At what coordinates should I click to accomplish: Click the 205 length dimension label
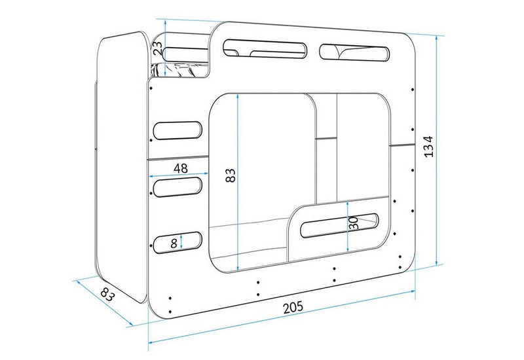coord(293,307)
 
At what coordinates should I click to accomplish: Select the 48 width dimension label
coord(181,168)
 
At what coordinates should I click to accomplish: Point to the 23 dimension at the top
coord(158,48)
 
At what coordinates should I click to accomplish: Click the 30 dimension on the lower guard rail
coord(354,223)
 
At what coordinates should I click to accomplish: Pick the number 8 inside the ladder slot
coord(174,243)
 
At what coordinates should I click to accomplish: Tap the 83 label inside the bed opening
coord(231,175)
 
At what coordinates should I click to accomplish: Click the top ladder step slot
coord(178,130)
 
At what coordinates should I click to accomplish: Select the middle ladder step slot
coord(178,187)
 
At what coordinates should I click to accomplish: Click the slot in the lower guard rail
coord(339,225)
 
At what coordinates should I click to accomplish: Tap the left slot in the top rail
coord(265,49)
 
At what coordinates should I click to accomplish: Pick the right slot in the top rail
coord(354,52)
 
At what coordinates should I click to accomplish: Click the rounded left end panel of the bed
coord(122,167)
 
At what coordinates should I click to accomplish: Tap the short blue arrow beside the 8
coord(181,241)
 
